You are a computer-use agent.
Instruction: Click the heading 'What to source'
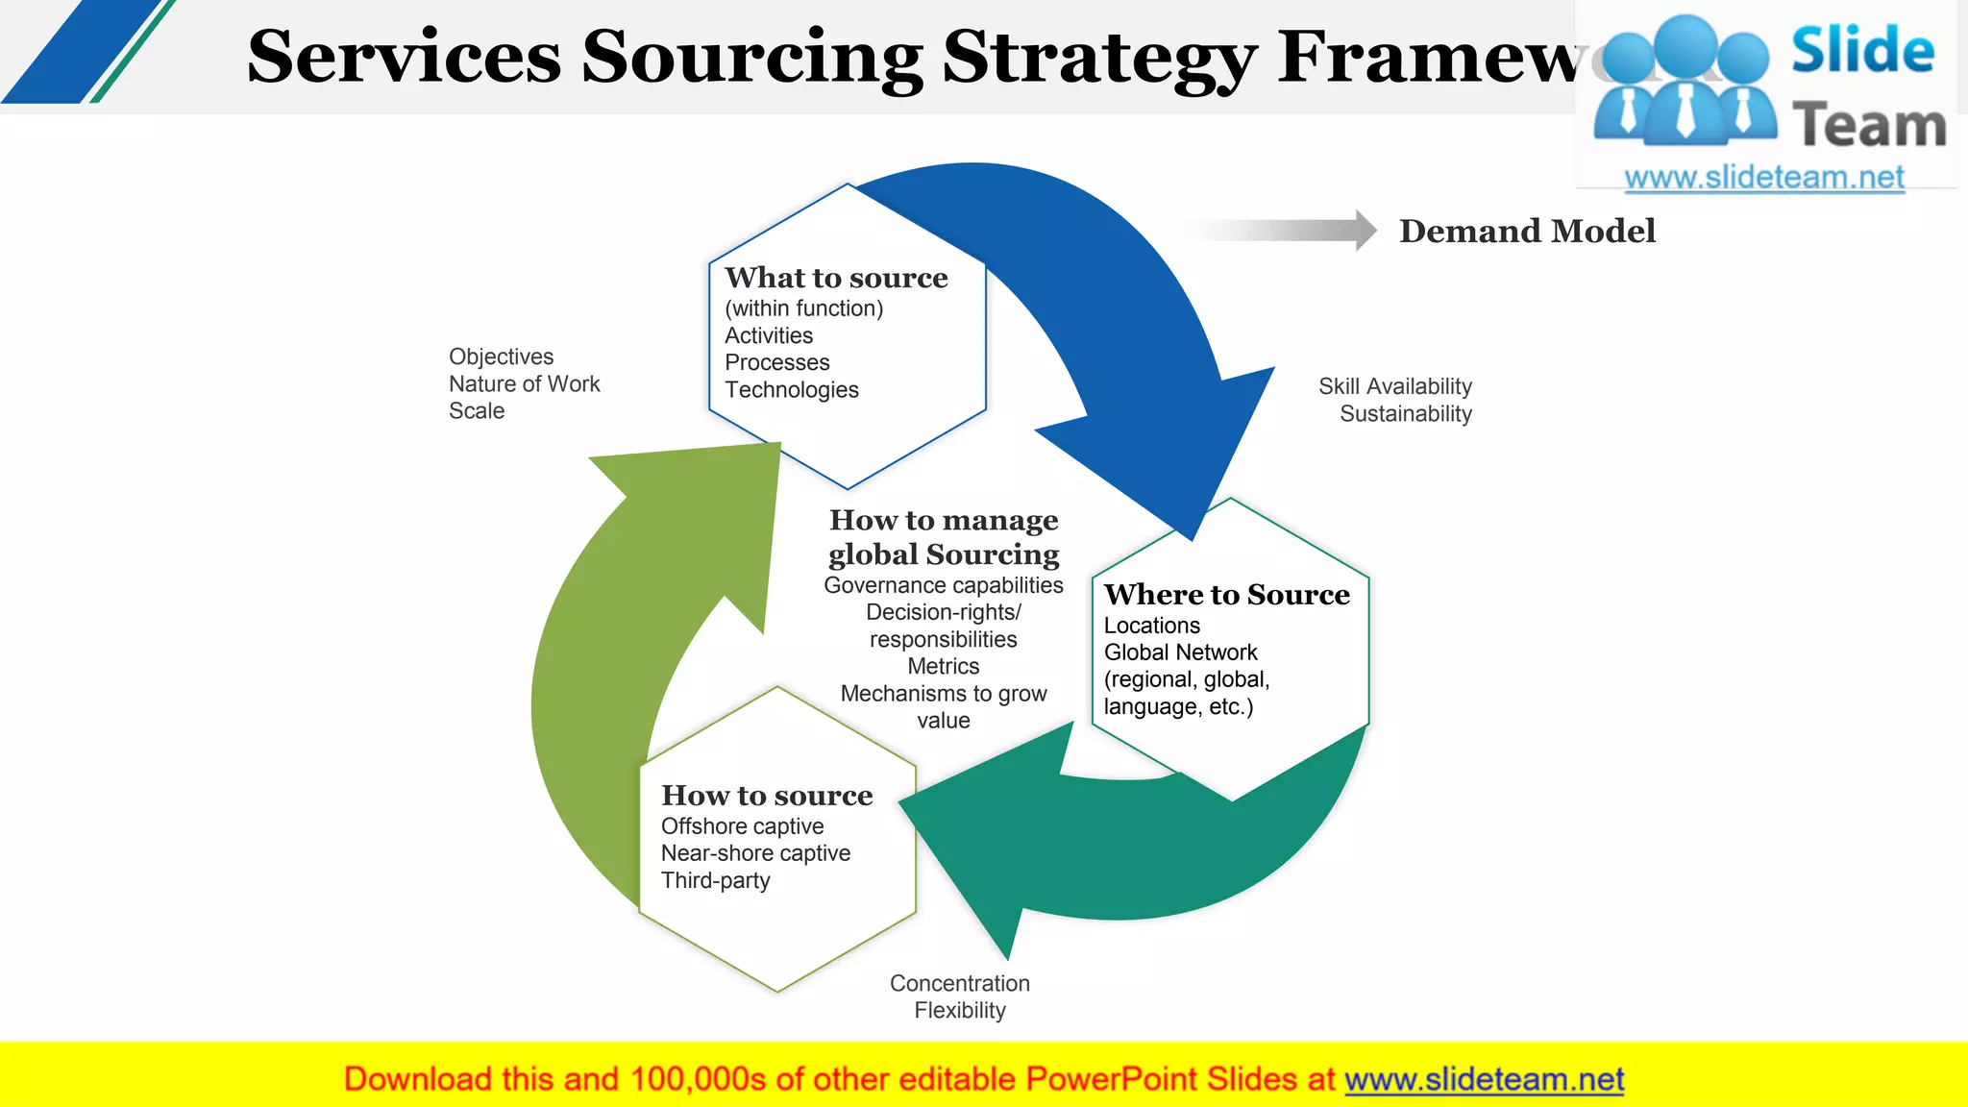(x=836, y=278)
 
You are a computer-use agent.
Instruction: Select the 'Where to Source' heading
(x=1226, y=595)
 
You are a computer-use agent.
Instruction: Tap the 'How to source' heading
(x=767, y=796)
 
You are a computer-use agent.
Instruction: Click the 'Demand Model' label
(x=1527, y=232)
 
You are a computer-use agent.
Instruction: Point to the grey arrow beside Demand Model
(x=1288, y=231)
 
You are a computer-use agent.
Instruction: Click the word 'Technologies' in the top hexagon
(x=792, y=390)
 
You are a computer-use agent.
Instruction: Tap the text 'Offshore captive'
(x=742, y=826)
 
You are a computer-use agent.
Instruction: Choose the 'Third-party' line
(x=716, y=880)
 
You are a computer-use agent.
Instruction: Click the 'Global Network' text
(x=1180, y=652)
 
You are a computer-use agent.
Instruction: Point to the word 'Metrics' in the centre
(x=943, y=666)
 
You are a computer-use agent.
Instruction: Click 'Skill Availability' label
(x=1394, y=386)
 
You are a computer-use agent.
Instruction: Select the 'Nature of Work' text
(x=524, y=384)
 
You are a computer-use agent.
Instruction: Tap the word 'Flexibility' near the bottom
(x=960, y=1011)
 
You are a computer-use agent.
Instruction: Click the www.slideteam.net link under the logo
(x=1763, y=178)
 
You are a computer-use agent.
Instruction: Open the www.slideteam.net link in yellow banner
(x=1484, y=1080)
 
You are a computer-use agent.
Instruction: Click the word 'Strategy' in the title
(x=1099, y=58)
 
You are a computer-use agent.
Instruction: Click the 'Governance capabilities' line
(x=943, y=585)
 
